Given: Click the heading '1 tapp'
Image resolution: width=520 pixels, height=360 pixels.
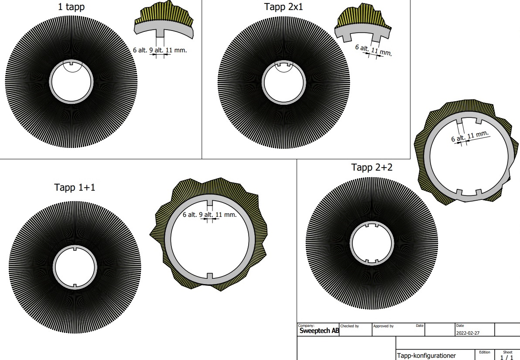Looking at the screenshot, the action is (71, 7).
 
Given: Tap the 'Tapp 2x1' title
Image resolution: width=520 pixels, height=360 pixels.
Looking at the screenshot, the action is (284, 7).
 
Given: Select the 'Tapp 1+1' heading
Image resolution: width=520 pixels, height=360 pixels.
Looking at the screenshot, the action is (75, 188).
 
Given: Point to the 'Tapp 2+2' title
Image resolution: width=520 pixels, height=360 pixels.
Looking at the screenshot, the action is (372, 168).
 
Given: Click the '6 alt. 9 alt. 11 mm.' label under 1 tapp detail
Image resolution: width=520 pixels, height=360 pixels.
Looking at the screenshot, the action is (160, 50).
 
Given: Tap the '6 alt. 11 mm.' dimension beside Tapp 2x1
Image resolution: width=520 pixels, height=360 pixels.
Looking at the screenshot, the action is (373, 50).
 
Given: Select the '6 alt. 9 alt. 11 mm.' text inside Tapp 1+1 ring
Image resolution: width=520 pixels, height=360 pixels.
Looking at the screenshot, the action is (209, 215).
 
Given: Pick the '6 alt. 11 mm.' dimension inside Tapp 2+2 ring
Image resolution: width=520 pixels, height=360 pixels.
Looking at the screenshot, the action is (470, 136).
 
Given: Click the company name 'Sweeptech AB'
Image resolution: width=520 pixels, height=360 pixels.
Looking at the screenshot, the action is (319, 331).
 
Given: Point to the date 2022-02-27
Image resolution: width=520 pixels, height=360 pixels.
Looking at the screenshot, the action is (468, 333).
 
